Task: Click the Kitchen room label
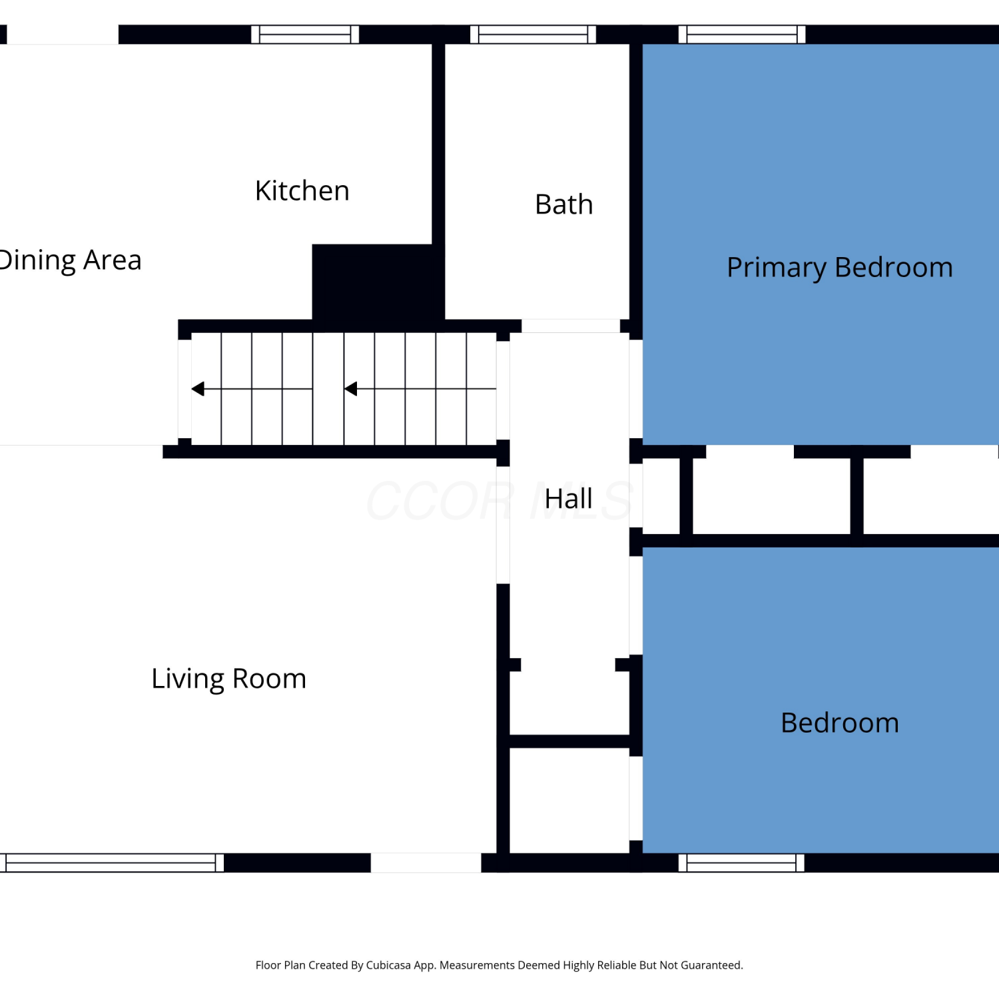point(302,191)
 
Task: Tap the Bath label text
point(564,204)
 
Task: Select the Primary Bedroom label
point(840,268)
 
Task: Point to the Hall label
point(568,499)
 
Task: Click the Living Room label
point(229,679)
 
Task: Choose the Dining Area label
point(70,260)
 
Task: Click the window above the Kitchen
point(305,35)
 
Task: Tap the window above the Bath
point(533,35)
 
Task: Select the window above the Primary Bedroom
point(742,35)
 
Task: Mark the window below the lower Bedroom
point(741,863)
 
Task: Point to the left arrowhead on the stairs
point(198,389)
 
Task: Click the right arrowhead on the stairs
point(351,389)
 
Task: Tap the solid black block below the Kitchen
point(378,282)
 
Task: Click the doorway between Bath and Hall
point(571,326)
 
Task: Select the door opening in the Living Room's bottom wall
point(426,863)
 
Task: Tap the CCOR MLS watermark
point(499,501)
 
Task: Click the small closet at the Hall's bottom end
point(569,801)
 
